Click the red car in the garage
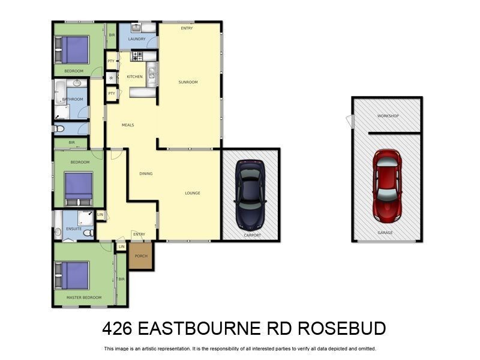point(387,184)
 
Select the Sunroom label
point(188,82)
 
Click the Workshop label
point(388,116)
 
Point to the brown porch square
point(141,256)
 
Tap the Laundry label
point(137,40)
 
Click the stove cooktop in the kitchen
point(137,56)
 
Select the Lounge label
point(193,193)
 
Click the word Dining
point(146,174)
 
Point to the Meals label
point(128,125)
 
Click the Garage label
point(385,232)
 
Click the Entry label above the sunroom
point(187,28)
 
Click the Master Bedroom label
point(83,298)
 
